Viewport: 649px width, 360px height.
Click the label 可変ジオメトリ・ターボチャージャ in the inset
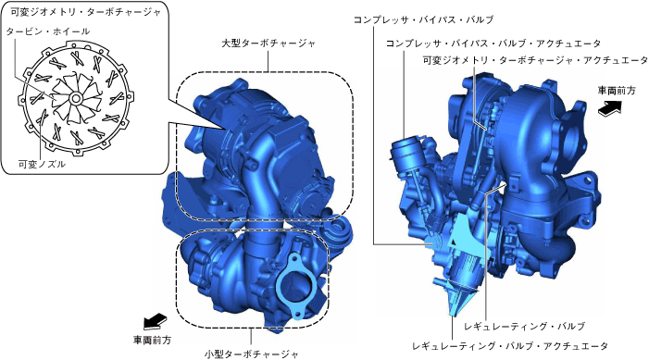pos(86,12)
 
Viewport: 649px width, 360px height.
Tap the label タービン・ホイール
pos(48,31)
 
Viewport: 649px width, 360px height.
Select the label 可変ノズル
pos(42,165)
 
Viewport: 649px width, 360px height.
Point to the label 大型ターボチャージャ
pos(268,43)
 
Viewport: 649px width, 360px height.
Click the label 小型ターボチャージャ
pos(251,354)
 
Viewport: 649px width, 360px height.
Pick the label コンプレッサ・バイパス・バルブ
pos(423,19)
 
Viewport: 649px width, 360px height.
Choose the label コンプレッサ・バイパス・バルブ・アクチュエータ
pos(493,43)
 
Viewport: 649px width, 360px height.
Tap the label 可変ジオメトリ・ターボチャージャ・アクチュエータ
pos(535,60)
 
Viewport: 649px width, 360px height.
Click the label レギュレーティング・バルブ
pos(524,327)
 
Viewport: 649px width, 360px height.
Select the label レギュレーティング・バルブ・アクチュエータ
pos(510,346)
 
